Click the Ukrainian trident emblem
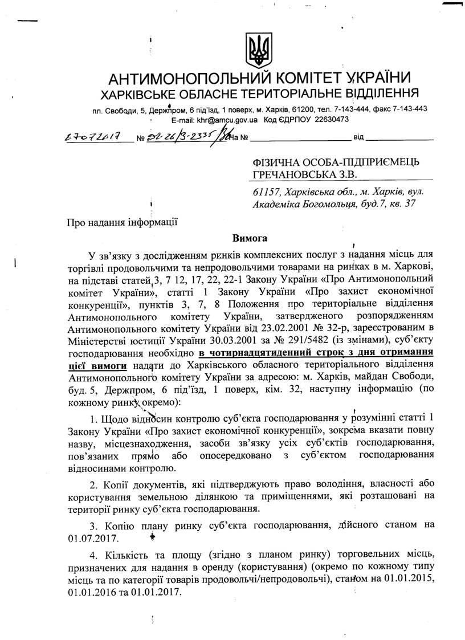tap(258, 51)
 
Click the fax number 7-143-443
tap(408, 109)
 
